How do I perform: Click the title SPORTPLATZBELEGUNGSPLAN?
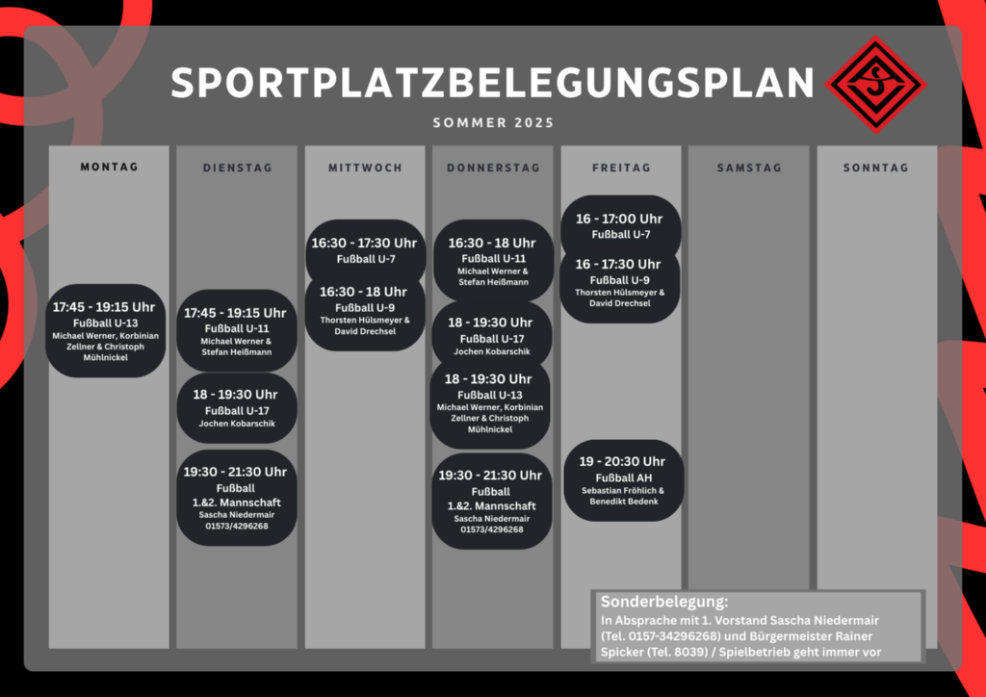pos(492,83)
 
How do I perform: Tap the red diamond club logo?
pos(876,85)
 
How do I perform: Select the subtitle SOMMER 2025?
pos(493,122)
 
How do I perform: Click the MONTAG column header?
pos(109,167)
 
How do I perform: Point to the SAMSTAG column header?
pos(749,168)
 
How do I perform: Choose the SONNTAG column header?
pos(876,168)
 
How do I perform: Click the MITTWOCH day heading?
pos(365,168)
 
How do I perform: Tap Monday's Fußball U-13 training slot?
pos(106,330)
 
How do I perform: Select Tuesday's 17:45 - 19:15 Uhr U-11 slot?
pos(237,330)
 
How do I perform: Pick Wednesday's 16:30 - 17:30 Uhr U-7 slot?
pos(365,250)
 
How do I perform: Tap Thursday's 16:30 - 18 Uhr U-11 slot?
pos(493,260)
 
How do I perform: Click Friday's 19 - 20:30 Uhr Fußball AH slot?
pos(623,480)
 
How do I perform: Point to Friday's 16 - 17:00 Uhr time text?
pos(619,219)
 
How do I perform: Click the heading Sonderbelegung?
pos(664,602)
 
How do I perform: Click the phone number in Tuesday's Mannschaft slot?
pos(237,526)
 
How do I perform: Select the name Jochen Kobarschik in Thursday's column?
pos(491,352)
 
